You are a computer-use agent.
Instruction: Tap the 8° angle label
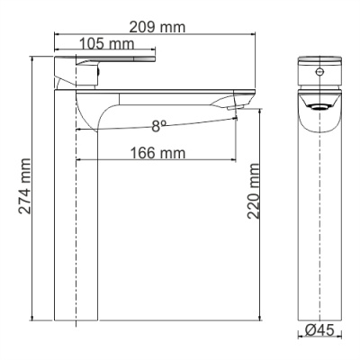click(x=158, y=127)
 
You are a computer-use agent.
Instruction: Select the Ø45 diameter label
click(x=319, y=330)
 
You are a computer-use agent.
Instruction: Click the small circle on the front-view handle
click(x=319, y=69)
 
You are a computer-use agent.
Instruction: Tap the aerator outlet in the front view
click(x=319, y=105)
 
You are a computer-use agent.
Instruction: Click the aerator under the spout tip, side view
click(x=235, y=110)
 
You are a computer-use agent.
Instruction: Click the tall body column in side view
click(x=76, y=225)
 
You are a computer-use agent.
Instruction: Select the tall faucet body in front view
click(x=319, y=225)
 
